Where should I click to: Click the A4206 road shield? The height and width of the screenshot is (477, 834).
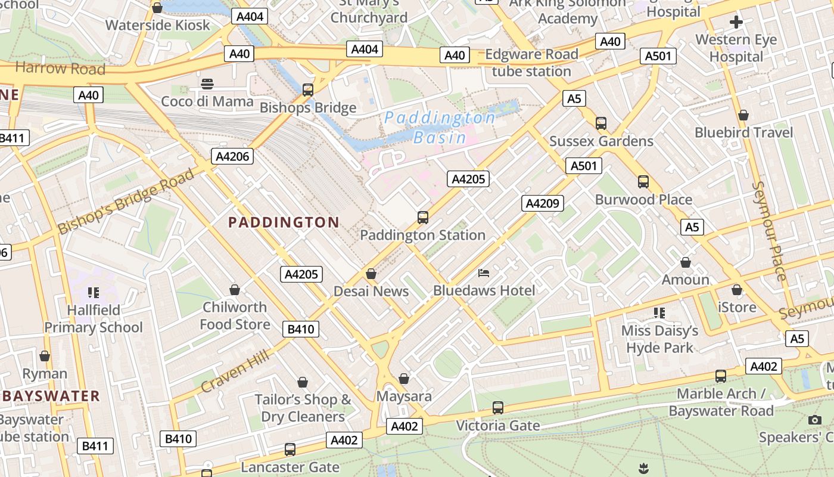click(x=233, y=156)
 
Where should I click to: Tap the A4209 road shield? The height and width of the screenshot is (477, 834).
click(x=542, y=203)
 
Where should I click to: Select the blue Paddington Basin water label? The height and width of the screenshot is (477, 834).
click(x=440, y=128)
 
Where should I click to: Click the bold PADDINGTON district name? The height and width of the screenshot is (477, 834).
click(x=284, y=223)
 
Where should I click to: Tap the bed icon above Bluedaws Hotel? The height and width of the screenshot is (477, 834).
click(x=484, y=273)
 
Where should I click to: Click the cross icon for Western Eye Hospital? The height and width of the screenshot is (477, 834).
click(x=736, y=23)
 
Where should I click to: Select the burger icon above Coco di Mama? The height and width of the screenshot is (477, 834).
click(x=207, y=83)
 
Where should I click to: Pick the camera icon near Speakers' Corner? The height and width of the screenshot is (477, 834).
click(x=815, y=420)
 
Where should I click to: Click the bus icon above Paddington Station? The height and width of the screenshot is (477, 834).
click(x=423, y=217)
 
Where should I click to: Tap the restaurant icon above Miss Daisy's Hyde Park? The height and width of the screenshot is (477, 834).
click(x=659, y=312)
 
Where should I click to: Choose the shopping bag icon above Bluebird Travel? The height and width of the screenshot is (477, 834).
click(x=743, y=114)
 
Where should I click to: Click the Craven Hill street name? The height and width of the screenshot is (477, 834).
click(x=234, y=371)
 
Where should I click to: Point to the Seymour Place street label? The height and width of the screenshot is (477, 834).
click(x=770, y=230)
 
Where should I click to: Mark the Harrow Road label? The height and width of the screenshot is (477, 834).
click(x=60, y=69)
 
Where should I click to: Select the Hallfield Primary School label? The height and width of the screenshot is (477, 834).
click(x=94, y=318)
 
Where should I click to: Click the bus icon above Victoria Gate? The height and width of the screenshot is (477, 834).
click(x=498, y=408)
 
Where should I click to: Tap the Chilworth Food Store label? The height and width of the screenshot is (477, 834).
click(x=235, y=315)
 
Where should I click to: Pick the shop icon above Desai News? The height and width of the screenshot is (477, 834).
click(x=371, y=274)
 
